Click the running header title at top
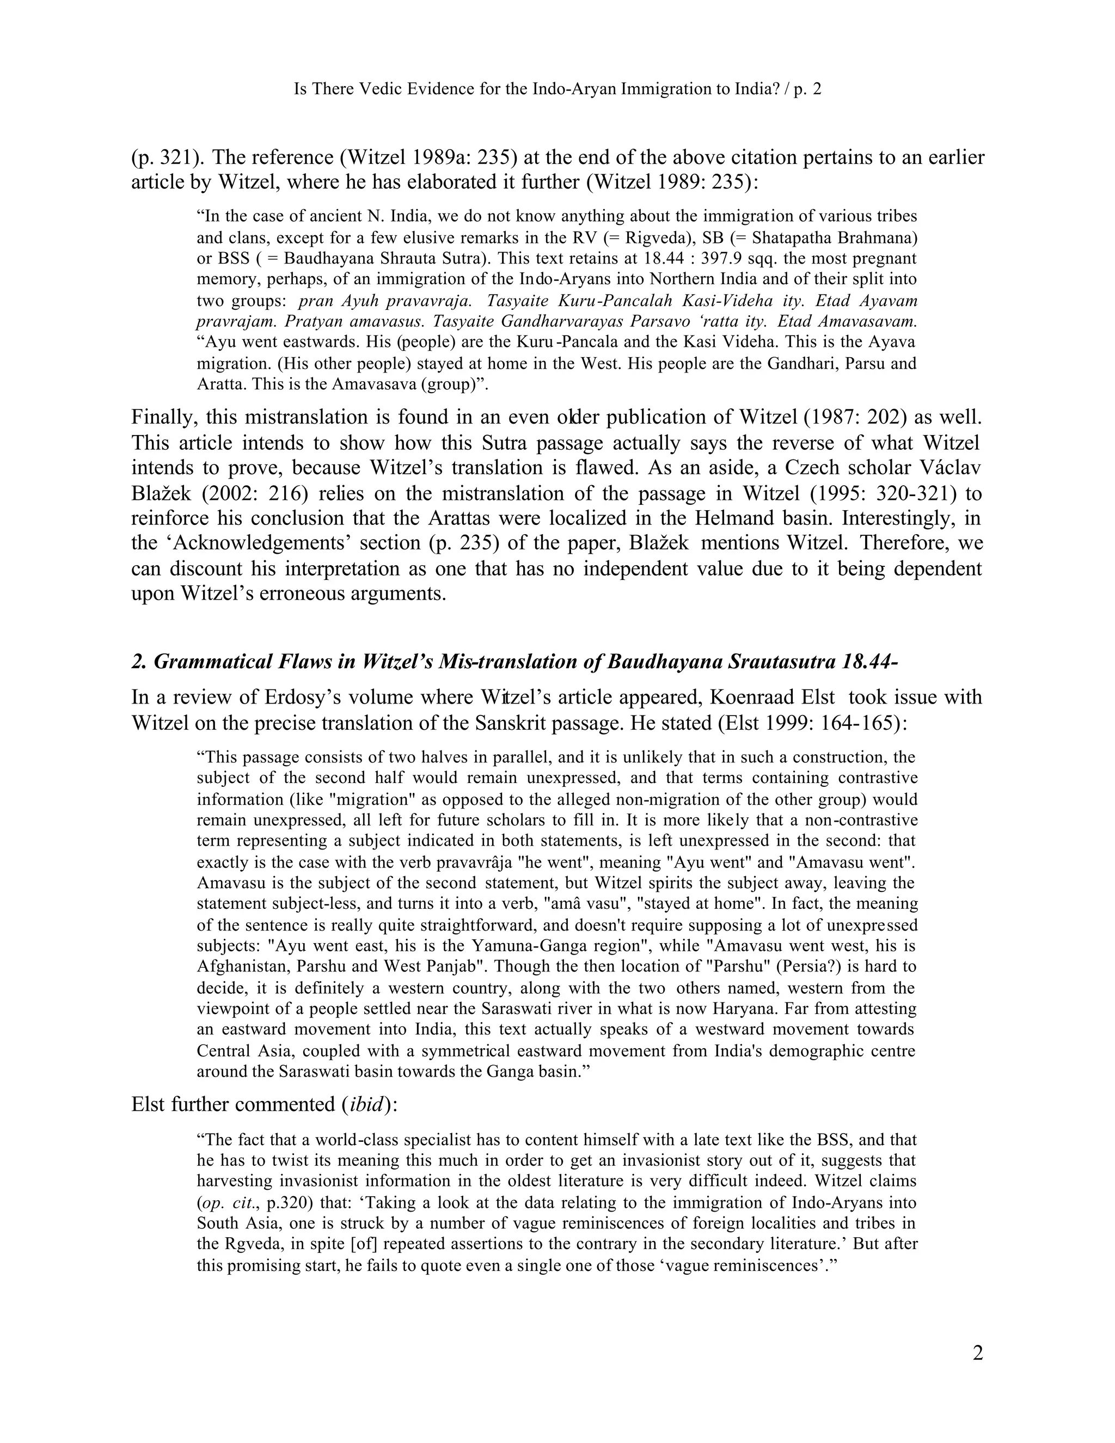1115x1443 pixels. pos(557,89)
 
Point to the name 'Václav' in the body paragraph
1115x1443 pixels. pos(951,468)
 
